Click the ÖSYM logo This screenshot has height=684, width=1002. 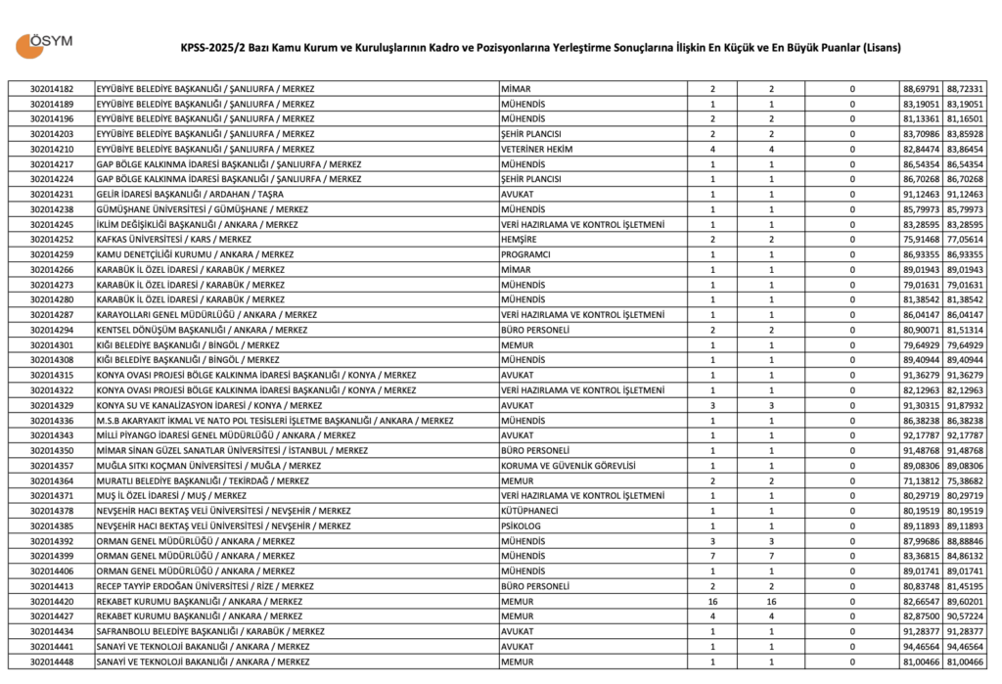point(45,45)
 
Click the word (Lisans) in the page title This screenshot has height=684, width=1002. point(878,48)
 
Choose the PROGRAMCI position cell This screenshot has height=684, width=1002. point(526,254)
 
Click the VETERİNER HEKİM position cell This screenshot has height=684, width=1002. point(536,149)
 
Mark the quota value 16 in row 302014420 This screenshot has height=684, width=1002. point(712,602)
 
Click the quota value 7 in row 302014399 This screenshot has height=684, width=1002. point(712,557)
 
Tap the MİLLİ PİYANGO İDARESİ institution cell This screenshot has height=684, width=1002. point(226,435)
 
